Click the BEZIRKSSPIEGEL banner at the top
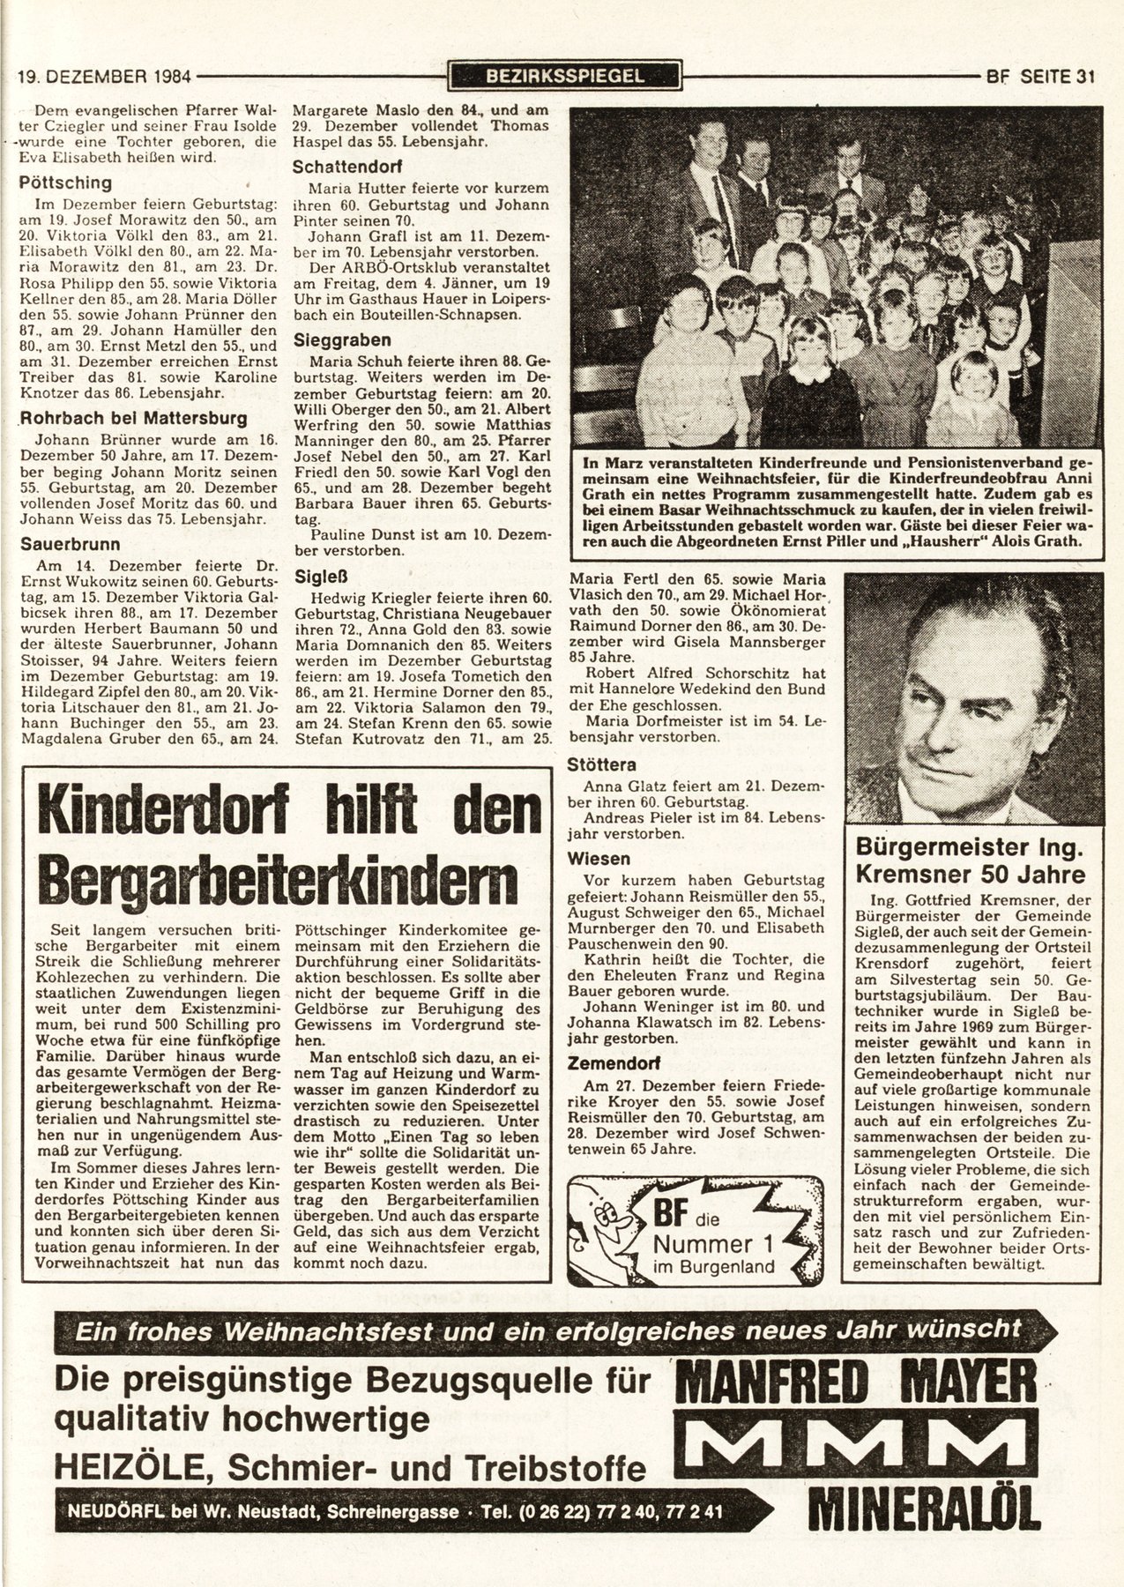point(564,76)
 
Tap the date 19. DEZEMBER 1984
point(105,77)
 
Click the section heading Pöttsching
point(66,183)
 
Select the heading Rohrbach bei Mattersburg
point(134,418)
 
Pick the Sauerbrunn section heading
point(71,544)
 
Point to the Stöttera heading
point(603,764)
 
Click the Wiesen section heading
point(599,858)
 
